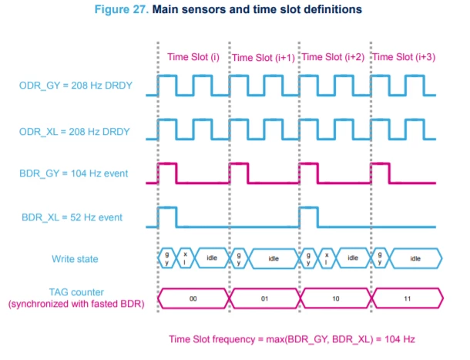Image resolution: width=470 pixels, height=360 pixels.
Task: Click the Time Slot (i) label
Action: pos(193,57)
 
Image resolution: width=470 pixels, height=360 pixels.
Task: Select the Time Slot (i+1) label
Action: pos(264,58)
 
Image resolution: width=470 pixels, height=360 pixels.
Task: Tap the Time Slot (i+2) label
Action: pos(333,57)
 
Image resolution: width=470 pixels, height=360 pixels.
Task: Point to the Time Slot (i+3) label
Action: pos(404,57)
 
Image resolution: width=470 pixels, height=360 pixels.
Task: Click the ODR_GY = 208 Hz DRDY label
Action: pos(76,86)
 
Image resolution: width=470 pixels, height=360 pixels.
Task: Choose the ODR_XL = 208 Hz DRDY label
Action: pos(74,132)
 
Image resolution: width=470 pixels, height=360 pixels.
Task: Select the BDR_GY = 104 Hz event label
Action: pos(73,173)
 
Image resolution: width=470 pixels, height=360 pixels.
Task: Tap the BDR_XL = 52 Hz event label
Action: pos(72,217)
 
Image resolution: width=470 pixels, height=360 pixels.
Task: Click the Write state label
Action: pos(75,259)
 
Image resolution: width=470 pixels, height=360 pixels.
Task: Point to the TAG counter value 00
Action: pos(193,298)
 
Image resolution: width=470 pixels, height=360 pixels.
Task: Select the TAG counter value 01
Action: pos(264,298)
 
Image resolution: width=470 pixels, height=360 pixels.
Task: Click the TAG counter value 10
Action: pos(336,298)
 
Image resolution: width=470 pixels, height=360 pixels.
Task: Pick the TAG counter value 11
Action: pos(407,298)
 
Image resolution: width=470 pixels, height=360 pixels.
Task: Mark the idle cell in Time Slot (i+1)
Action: pos(274,258)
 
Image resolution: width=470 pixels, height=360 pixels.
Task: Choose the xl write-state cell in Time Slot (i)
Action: pos(185,258)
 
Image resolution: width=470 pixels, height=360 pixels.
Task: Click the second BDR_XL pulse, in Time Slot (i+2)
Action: pos(309,217)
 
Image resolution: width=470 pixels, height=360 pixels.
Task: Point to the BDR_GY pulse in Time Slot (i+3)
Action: pos(381,173)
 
